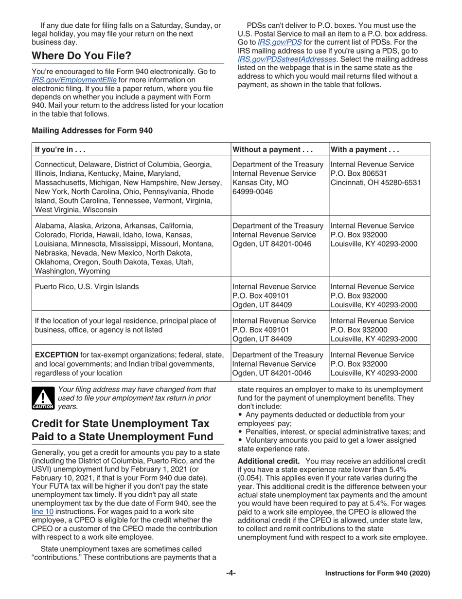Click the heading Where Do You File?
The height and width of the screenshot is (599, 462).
(81, 56)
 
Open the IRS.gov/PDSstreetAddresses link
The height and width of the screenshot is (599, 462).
(279, 59)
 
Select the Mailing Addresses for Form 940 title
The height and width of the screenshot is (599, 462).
(92, 131)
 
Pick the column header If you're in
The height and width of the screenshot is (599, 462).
(59, 150)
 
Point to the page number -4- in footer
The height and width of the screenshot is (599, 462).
(231, 574)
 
